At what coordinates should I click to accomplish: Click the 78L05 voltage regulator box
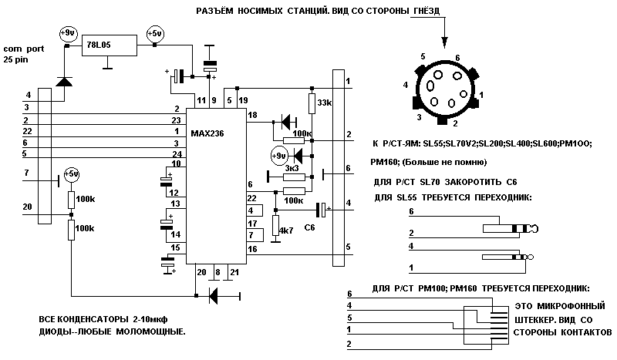[x=111, y=45]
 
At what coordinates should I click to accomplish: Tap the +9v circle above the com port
[x=66, y=33]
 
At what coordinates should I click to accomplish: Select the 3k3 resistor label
[x=292, y=167]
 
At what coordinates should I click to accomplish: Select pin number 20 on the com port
[x=28, y=207]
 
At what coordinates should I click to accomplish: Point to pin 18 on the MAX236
[x=251, y=114]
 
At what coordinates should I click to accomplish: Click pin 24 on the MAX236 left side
[x=177, y=153]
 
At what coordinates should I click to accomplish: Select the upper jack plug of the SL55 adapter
[x=509, y=228]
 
